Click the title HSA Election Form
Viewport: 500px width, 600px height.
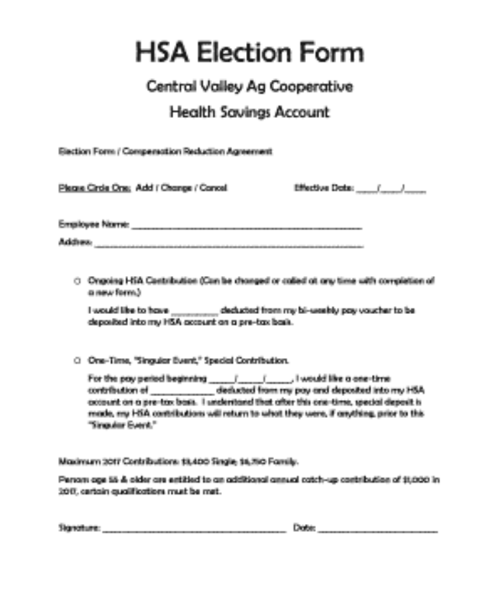pyautogui.click(x=249, y=52)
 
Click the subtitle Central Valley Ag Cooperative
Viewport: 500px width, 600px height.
pyautogui.click(x=249, y=87)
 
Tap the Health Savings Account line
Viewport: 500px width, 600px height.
pyautogui.click(x=249, y=112)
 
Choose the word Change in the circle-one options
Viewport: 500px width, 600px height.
pyautogui.click(x=175, y=188)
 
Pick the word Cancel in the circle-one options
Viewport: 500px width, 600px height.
pyautogui.click(x=213, y=188)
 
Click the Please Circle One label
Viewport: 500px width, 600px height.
pyautogui.click(x=94, y=188)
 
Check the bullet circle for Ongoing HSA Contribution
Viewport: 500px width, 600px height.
pyautogui.click(x=77, y=281)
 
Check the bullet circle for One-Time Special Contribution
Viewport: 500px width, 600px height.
pyautogui.click(x=77, y=361)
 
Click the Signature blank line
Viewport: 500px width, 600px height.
pyautogui.click(x=193, y=529)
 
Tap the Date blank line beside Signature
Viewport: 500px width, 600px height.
pyautogui.click(x=377, y=529)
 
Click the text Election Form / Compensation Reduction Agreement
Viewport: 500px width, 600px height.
pyautogui.click(x=165, y=152)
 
